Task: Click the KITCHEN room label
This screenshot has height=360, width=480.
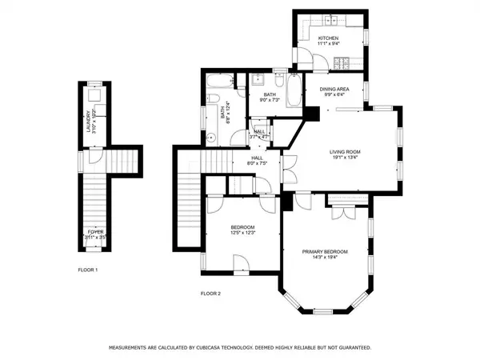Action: point(328,38)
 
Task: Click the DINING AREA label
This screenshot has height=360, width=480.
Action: point(334,89)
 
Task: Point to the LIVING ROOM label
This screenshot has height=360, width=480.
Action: point(346,150)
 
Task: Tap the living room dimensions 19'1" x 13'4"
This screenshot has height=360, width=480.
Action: point(346,158)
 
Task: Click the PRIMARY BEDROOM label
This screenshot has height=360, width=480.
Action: point(324,251)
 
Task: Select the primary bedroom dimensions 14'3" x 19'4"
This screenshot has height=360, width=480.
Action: point(324,258)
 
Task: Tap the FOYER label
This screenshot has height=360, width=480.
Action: point(95,232)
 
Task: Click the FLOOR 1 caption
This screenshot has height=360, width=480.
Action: point(88,270)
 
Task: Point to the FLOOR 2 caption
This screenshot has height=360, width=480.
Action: point(210,294)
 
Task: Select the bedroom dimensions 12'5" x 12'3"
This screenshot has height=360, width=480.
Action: point(242,233)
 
